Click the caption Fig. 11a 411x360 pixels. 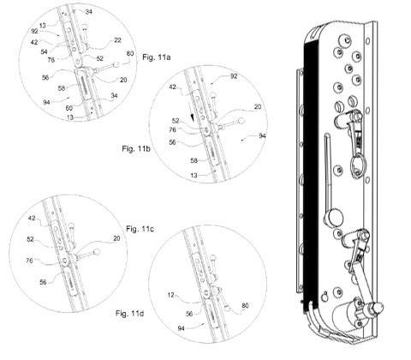click(157, 57)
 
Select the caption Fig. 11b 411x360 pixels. click(136, 148)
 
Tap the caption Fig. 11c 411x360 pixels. click(140, 229)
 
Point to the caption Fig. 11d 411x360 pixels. click(130, 313)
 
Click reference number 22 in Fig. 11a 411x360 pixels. click(117, 40)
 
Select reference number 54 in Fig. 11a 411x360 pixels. click(44, 51)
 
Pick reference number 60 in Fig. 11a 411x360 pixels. click(69, 108)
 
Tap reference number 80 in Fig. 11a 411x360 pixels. click(130, 53)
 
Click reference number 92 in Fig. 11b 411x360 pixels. click(234, 76)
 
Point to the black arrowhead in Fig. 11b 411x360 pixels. click(194, 117)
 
